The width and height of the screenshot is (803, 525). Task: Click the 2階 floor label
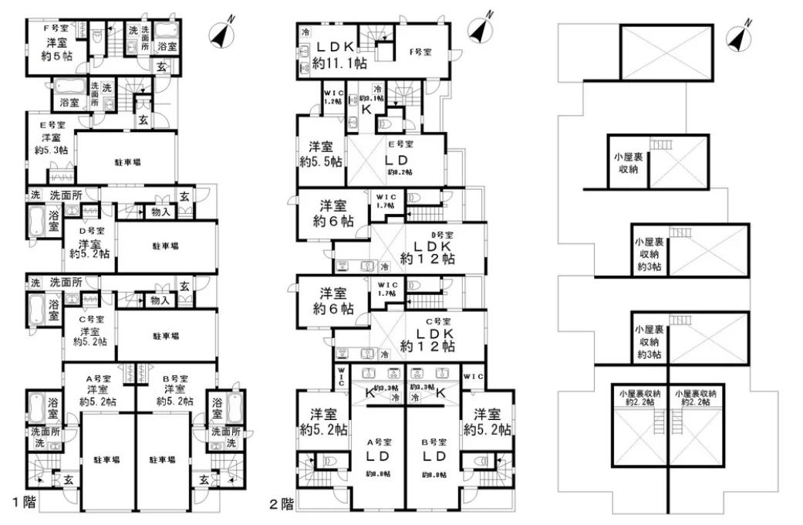pos(282,505)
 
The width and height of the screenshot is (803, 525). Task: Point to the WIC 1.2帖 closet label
pos(332,97)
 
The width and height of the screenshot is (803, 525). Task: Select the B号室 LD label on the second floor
pos(434,455)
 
